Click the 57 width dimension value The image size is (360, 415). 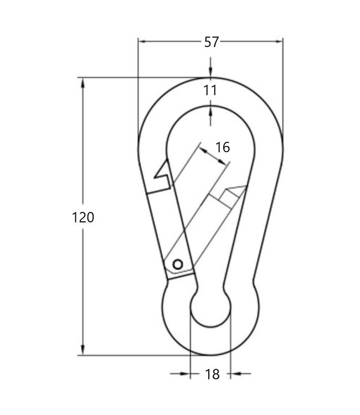tap(211, 42)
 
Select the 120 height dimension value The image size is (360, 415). tap(84, 217)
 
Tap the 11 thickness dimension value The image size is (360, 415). tap(210, 91)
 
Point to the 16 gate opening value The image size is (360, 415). tap(222, 147)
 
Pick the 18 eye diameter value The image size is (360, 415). tap(212, 375)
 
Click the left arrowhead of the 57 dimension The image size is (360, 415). tap(142, 41)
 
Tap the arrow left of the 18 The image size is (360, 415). tap(186, 374)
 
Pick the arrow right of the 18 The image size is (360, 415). tap(235, 374)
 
